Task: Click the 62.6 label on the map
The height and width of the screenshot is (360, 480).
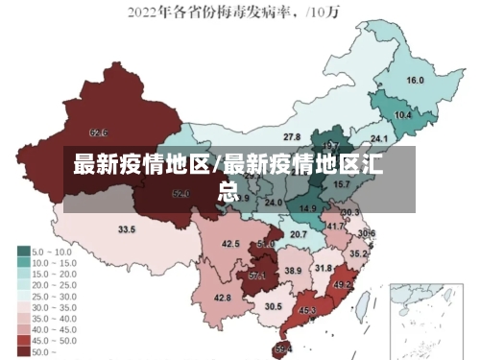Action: pos(98,132)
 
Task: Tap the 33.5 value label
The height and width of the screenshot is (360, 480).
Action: pos(127,230)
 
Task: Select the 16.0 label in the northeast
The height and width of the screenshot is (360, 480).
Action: pos(416,81)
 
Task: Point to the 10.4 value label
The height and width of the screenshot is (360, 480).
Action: pos(403,115)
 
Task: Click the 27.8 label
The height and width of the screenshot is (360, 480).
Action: pos(291,137)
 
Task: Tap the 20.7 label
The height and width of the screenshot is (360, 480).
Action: pos(299,234)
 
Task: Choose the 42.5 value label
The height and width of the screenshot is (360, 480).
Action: pos(230,245)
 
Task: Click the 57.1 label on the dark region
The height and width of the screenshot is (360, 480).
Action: pos(257,276)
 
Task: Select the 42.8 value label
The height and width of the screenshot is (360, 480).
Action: pos(222,299)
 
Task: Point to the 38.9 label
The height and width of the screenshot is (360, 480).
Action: pos(293,272)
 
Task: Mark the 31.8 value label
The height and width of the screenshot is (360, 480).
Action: pos(324,268)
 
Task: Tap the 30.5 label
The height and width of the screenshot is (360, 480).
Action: pos(274,306)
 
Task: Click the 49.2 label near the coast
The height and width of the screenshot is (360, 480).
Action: pos(342,285)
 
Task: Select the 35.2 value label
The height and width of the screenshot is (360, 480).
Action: pos(357,253)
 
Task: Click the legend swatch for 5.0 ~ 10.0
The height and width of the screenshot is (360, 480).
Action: pos(24,252)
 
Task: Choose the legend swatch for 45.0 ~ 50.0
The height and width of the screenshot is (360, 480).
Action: pos(24,341)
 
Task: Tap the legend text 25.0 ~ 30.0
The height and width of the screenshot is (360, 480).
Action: pos(54,297)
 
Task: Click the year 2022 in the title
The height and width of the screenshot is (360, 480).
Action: pos(143,12)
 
